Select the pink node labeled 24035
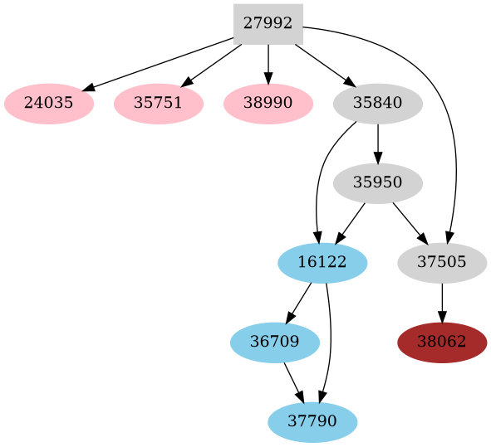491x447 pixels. (x=49, y=104)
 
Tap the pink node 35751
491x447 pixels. (x=159, y=104)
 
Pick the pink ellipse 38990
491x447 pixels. (x=268, y=104)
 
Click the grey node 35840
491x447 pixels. (x=378, y=104)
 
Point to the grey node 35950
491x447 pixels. (x=378, y=183)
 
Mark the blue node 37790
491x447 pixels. (x=312, y=421)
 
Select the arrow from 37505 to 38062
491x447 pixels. (x=442, y=303)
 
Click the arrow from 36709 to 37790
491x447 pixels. (x=293, y=381)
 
